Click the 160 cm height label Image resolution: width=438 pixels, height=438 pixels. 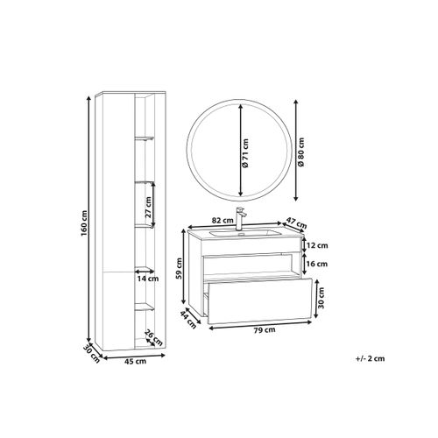(84, 223)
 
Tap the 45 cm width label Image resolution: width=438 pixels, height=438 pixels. (136, 362)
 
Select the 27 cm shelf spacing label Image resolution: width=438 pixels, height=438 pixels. (148, 208)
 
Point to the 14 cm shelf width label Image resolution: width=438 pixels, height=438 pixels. (148, 279)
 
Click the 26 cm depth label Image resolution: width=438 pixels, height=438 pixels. (153, 337)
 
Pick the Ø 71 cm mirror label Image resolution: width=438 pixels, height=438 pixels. (245, 153)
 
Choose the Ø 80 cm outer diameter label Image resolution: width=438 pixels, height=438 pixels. (301, 152)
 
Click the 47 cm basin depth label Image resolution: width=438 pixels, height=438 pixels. (297, 223)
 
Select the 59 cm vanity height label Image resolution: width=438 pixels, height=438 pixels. (179, 268)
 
